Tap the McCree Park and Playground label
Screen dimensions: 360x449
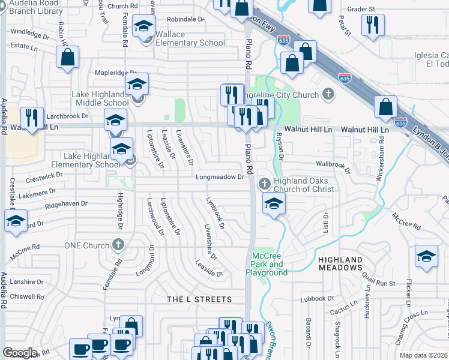point(267,265)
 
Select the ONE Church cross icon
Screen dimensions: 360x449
point(118,245)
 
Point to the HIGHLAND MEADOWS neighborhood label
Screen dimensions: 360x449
point(340,263)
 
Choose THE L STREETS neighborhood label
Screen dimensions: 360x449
point(199,299)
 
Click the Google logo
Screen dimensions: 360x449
point(20,353)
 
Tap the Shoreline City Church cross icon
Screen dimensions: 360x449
point(328,94)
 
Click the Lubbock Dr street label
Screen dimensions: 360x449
point(317,298)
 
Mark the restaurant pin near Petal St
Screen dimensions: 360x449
point(372,25)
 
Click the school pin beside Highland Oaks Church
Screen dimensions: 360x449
point(274,204)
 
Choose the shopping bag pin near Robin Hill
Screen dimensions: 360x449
point(68,58)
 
